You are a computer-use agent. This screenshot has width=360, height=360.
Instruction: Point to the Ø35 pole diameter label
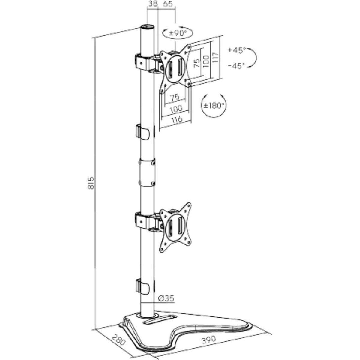[166, 298]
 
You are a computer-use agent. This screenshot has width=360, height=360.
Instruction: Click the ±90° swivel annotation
[178, 33]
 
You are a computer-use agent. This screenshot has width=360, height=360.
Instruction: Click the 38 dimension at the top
[153, 4]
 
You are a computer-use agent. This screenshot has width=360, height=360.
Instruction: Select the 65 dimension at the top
[168, 4]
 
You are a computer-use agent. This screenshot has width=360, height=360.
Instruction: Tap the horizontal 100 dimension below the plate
[176, 108]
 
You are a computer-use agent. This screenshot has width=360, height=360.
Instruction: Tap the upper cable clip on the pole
[142, 131]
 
